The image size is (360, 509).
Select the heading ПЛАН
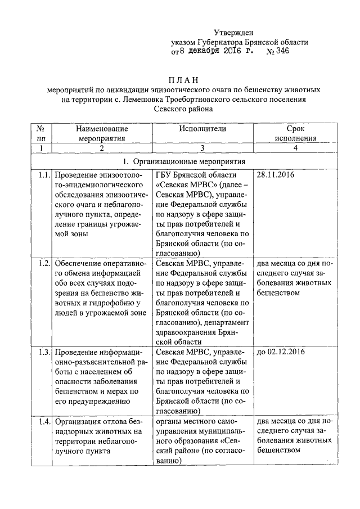(x=184, y=80)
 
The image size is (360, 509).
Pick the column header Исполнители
(x=202, y=129)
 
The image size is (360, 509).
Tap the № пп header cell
(x=40, y=133)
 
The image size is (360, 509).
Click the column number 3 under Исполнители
(x=202, y=148)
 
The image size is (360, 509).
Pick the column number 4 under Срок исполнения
(x=295, y=148)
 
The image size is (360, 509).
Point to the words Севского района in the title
(x=184, y=110)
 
